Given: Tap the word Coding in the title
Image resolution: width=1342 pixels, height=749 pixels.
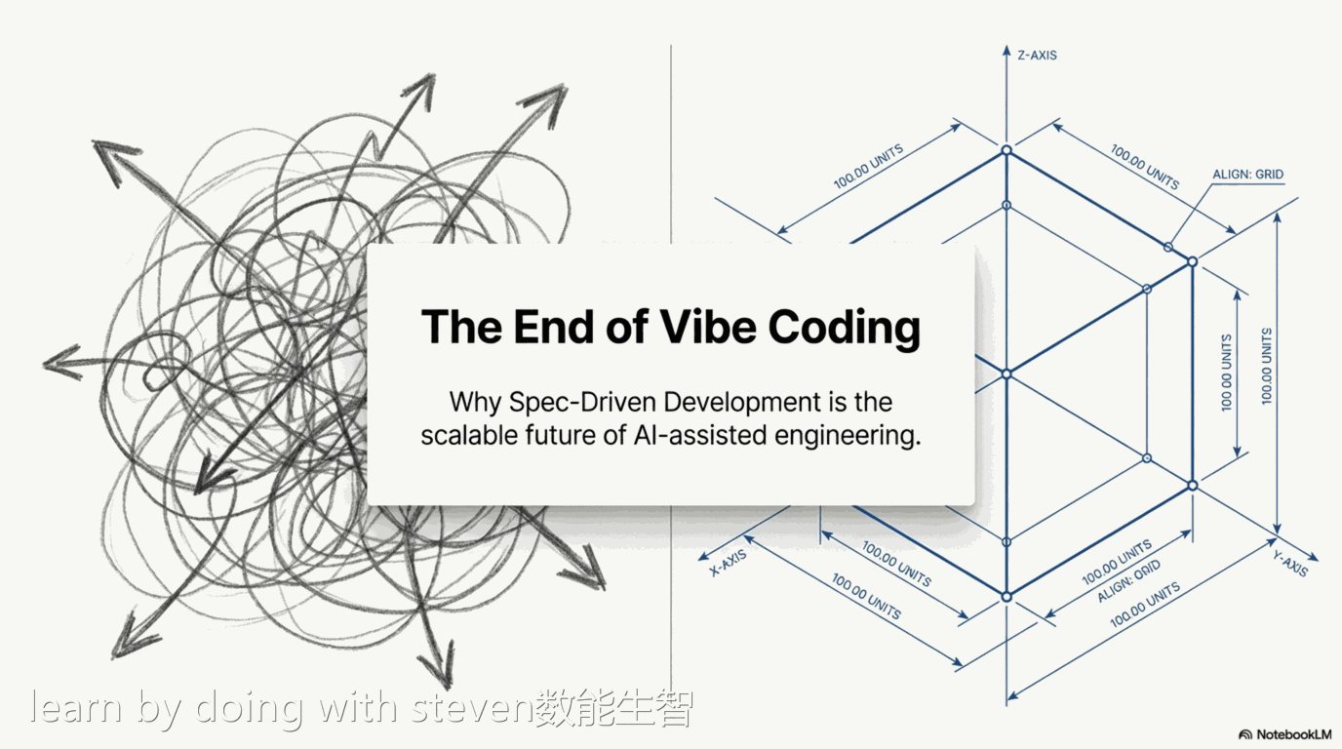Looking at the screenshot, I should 844,329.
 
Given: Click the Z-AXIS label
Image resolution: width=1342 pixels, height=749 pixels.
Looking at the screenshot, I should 1037,56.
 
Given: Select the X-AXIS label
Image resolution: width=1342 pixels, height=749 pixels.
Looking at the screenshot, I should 728,564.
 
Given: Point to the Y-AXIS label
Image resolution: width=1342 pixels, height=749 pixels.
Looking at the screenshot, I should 1289,564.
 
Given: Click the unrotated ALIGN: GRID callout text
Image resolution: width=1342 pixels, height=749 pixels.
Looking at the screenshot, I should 1247,175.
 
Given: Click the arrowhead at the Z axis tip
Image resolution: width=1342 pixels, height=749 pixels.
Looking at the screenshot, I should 1006,52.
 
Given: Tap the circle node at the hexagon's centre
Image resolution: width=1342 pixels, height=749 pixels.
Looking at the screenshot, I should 1006,374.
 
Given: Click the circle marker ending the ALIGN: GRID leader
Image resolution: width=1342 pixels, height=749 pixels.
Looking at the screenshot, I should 1167,248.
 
